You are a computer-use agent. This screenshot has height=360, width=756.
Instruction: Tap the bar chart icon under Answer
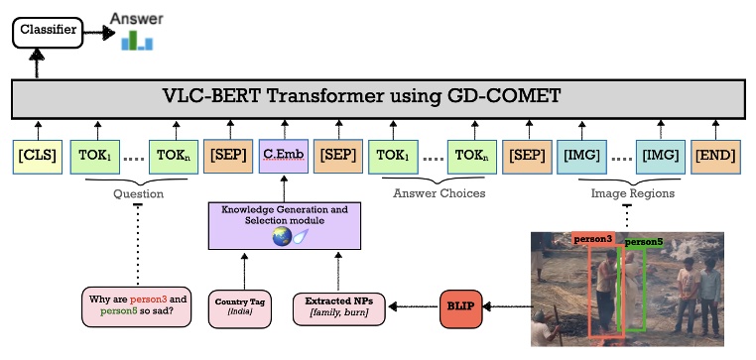[136, 41]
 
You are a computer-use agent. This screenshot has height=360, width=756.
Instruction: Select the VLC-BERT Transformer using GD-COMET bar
[376, 98]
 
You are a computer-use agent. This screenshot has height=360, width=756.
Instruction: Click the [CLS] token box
[37, 157]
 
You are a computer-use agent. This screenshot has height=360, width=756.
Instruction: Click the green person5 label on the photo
[643, 241]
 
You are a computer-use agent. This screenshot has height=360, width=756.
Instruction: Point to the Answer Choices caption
[440, 193]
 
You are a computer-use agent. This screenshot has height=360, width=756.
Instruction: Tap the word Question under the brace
[138, 194]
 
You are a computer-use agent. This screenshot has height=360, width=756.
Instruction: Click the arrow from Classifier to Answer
[96, 32]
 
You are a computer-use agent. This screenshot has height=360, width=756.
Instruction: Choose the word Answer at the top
[137, 18]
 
